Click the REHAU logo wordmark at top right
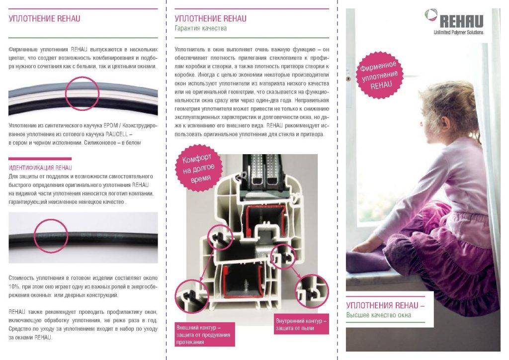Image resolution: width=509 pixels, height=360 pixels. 461,21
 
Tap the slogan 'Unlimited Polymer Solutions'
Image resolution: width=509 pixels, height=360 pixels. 458,32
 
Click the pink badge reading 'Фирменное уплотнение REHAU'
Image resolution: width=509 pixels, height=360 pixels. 379,75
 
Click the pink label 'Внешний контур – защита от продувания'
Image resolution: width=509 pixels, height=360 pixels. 204,334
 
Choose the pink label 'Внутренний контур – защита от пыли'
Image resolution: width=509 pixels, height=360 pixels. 301,324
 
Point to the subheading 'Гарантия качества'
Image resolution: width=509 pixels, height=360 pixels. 201,28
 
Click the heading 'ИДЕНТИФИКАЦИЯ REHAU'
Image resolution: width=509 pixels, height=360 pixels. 40,168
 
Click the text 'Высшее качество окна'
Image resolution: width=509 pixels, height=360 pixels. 378,315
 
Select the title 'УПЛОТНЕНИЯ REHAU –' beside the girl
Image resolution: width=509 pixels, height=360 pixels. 385,305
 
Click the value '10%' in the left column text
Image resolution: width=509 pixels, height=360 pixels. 14,286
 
